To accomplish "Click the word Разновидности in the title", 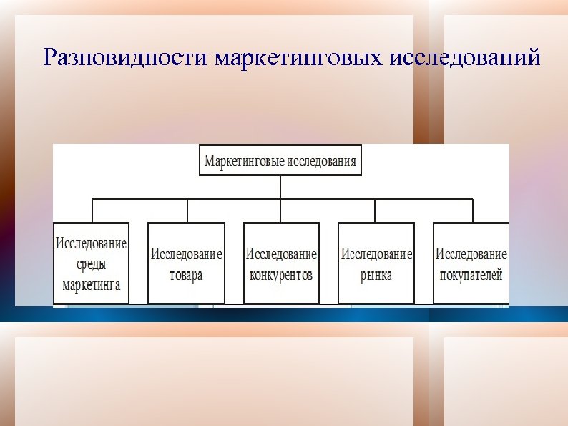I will (124, 57).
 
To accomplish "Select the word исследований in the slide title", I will (466, 57).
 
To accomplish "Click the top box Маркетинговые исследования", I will (280, 160).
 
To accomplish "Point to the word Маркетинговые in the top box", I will (244, 160).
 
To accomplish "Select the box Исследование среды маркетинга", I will (92, 263).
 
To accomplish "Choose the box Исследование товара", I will (186, 263).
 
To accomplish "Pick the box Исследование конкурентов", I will (281, 263).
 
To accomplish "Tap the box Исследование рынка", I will (376, 263).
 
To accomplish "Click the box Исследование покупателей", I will (471, 263).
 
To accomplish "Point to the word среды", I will (91, 264).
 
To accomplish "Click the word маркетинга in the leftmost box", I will (91, 285).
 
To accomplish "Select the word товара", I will (186, 275).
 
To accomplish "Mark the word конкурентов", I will (281, 275).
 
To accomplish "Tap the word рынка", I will (376, 275).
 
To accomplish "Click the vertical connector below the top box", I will (280, 187).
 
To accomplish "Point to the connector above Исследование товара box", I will (187, 210).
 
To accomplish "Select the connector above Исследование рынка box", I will (375, 210).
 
